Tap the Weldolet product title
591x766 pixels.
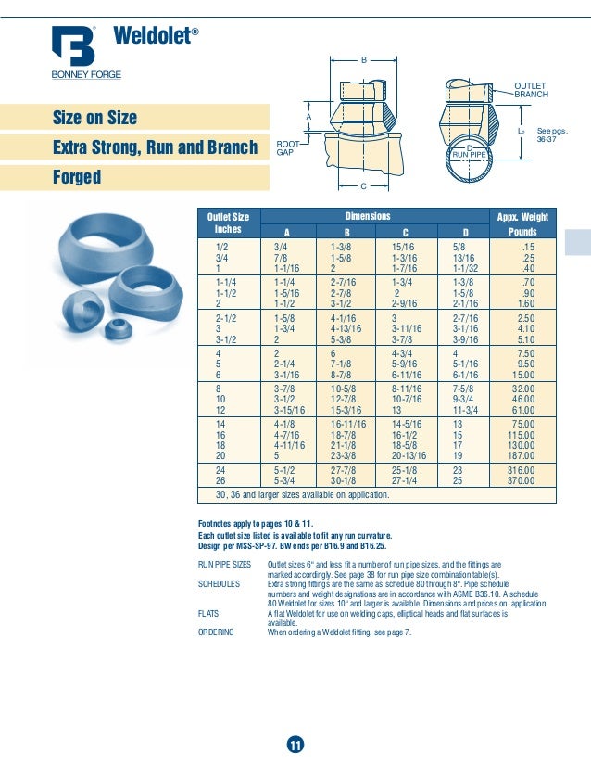pos(155,36)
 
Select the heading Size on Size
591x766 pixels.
pos(95,118)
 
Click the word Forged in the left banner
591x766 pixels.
pos(77,177)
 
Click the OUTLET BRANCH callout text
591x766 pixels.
pos(531,90)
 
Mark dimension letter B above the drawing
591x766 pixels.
pos(363,59)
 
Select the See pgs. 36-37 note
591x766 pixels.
pos(552,136)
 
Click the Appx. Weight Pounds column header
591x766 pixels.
pos(522,223)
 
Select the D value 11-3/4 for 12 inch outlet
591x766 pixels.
pos(466,409)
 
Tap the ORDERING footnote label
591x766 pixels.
pos(217,632)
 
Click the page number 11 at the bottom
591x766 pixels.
pos(295,746)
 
